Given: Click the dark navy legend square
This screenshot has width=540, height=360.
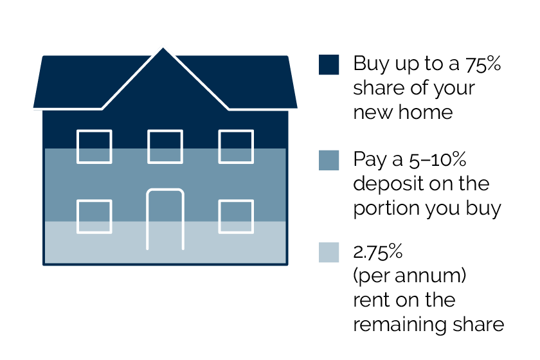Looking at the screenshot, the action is click(x=328, y=64).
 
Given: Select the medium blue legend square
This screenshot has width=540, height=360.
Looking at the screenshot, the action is click(x=328, y=160).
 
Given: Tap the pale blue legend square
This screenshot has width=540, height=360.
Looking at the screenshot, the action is click(x=328, y=253).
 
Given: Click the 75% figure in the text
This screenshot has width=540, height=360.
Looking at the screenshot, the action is click(x=483, y=64).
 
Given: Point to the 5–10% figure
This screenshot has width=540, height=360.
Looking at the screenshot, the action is click(x=437, y=159).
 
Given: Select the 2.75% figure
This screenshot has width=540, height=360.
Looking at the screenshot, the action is click(x=378, y=252).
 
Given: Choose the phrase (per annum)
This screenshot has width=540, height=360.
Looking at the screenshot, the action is click(x=410, y=276).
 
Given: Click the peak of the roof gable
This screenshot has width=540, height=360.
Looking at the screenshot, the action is click(x=163, y=48).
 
